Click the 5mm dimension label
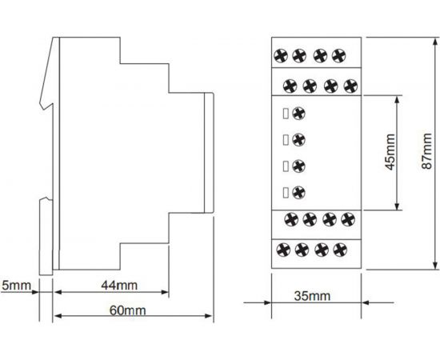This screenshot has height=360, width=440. (x=16, y=286)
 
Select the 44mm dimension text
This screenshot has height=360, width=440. (x=119, y=286)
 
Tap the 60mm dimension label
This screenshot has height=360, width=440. (x=128, y=310)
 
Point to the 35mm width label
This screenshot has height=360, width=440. (x=312, y=296)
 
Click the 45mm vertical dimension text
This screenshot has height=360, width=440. (x=390, y=152)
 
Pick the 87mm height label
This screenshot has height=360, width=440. (x=427, y=151)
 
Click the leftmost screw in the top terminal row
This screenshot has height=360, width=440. (x=281, y=55)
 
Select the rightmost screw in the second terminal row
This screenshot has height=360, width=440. (x=350, y=86)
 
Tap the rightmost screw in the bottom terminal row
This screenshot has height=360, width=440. (x=340, y=250)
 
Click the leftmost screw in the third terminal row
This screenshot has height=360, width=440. (x=291, y=219)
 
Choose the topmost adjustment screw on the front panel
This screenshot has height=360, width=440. (x=298, y=114)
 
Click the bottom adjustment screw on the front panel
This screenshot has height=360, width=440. (x=298, y=193)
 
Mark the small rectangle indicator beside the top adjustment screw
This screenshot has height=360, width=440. (x=286, y=114)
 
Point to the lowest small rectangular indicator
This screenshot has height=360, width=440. (x=286, y=193)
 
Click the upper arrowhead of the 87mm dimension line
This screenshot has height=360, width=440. (x=435, y=42)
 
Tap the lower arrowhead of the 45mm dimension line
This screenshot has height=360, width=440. (x=397, y=206)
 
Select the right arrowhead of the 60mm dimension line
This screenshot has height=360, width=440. (x=209, y=316)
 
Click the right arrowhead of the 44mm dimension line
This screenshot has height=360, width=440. (x=165, y=292)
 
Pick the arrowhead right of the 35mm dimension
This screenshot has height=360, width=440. (x=366, y=302)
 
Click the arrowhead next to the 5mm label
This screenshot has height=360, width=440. (x=35, y=292)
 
